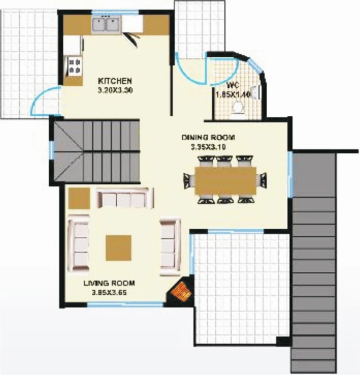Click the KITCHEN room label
click(x=115, y=81)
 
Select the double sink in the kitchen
click(x=105, y=25)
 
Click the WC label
click(x=233, y=86)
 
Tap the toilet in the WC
click(x=238, y=107)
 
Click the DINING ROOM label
click(x=208, y=138)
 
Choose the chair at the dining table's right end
click(x=262, y=180)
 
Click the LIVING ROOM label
click(x=109, y=283)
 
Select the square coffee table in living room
click(x=119, y=247)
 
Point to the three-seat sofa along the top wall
click(x=124, y=198)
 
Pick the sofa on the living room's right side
click(x=169, y=246)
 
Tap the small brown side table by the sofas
click(x=79, y=198)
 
